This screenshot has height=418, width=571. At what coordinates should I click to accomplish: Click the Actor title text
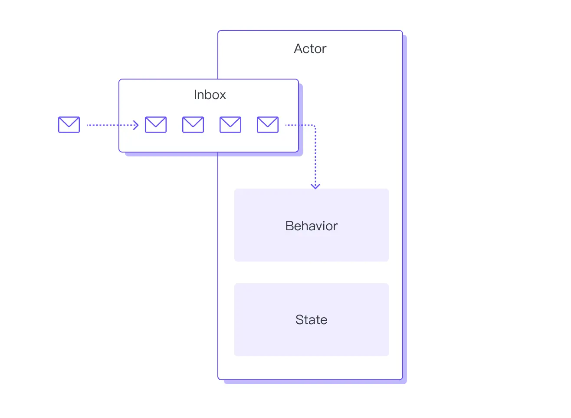pyautogui.click(x=310, y=49)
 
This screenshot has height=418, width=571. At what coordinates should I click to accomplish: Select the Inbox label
pyautogui.click(x=210, y=95)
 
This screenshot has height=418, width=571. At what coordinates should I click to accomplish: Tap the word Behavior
pyautogui.click(x=311, y=226)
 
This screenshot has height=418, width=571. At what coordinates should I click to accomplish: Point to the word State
pyautogui.click(x=311, y=320)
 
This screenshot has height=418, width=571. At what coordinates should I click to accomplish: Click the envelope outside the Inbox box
pyautogui.click(x=69, y=125)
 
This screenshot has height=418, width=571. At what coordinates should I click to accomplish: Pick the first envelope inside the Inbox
pyautogui.click(x=156, y=125)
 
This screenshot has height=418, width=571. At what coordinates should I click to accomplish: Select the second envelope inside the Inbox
pyautogui.click(x=193, y=125)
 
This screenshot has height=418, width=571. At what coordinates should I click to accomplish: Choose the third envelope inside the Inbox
pyautogui.click(x=230, y=125)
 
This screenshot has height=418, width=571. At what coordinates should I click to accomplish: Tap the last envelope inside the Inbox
pyautogui.click(x=268, y=125)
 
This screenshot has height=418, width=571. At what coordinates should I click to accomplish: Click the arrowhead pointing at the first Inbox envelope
pyautogui.click(x=136, y=125)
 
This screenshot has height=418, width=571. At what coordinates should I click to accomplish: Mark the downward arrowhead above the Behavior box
pyautogui.click(x=315, y=186)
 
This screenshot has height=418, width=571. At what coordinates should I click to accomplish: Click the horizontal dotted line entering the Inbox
pyautogui.click(x=108, y=125)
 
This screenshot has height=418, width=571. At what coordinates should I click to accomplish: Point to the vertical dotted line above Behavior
pyautogui.click(x=315, y=156)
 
